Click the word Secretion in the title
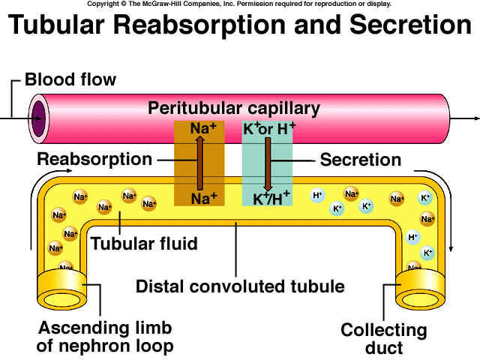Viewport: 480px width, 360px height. [403, 25]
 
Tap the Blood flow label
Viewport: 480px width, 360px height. [70, 79]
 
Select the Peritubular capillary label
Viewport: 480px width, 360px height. [234, 108]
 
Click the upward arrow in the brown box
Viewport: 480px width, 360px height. [199, 161]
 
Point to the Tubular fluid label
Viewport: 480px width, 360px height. [144, 244]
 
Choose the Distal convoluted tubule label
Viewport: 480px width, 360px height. [240, 286]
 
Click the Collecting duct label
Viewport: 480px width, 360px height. [384, 339]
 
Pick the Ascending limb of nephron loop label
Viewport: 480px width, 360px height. [106, 337]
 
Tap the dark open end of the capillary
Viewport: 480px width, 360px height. [37, 118]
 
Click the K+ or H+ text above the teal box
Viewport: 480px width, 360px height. [269, 128]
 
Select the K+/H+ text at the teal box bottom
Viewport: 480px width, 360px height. [271, 199]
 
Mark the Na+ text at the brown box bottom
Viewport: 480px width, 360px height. [203, 199]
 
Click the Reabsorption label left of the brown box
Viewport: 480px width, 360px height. [94, 160]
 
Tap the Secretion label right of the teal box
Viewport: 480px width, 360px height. [360, 160]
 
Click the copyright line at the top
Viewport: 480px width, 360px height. [239, 4]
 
